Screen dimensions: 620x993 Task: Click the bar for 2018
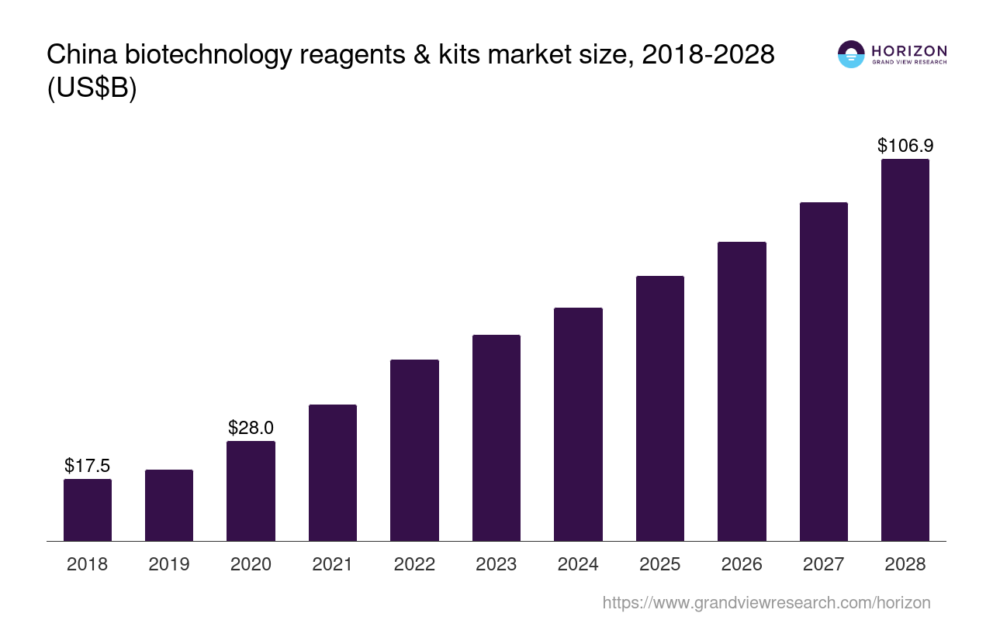[88, 510]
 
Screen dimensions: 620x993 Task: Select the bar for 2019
[169, 505]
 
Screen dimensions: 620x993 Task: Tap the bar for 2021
[333, 473]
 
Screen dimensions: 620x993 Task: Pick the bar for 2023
[496, 438]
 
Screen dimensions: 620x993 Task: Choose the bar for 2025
[660, 408]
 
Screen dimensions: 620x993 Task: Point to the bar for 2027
[824, 372]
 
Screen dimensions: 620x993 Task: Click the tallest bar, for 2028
[905, 350]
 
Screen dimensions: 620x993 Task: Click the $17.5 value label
[88, 466]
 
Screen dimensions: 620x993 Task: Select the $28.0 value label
[251, 428]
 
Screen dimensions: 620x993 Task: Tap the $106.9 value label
[905, 146]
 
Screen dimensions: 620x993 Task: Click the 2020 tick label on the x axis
[251, 564]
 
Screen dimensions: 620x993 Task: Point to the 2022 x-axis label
[414, 564]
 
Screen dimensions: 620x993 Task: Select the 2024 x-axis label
[578, 564]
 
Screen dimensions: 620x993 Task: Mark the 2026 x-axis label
[742, 564]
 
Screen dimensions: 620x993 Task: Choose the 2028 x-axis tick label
[905, 564]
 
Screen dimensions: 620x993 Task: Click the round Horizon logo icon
[851, 54]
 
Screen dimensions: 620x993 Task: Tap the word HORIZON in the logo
[909, 51]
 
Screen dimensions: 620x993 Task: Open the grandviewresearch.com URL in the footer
[766, 602]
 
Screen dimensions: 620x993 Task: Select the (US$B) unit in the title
[92, 88]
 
